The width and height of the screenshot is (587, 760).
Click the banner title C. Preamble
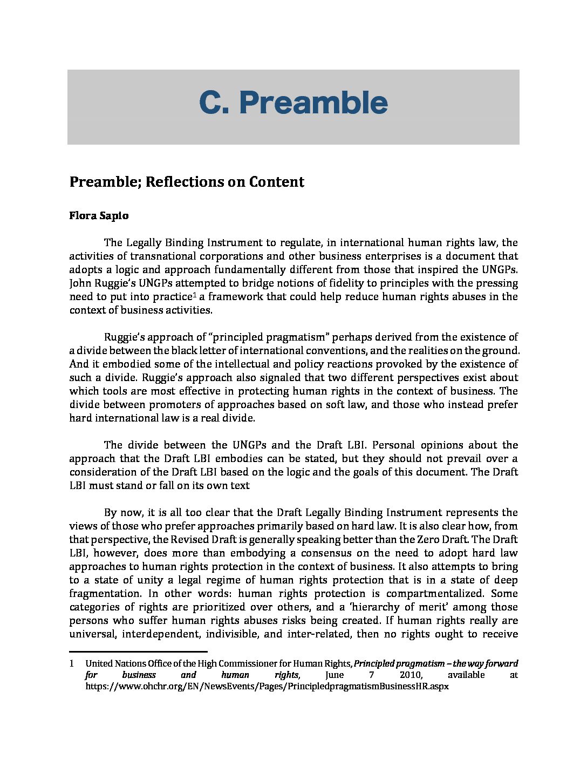pyautogui.click(x=293, y=103)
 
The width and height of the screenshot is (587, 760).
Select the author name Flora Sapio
pyautogui.click(x=99, y=215)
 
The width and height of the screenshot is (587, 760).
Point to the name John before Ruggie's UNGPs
pyautogui.click(x=81, y=283)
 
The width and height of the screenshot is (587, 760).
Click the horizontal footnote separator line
pyautogui.click(x=138, y=652)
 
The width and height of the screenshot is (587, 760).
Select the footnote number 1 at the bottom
pyautogui.click(x=71, y=663)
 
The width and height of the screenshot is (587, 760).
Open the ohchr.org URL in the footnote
pyautogui.click(x=267, y=687)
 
